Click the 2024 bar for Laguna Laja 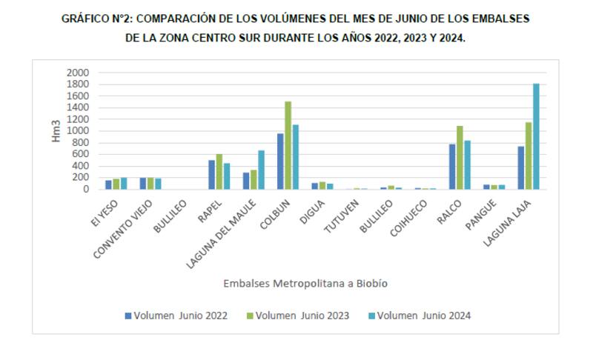tap(536, 136)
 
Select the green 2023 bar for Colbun tap(288, 145)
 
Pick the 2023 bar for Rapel tap(219, 172)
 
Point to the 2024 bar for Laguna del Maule tap(262, 170)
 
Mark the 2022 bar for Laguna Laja tap(521, 167)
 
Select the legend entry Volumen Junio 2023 tap(300, 316)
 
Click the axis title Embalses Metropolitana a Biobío tap(305, 283)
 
